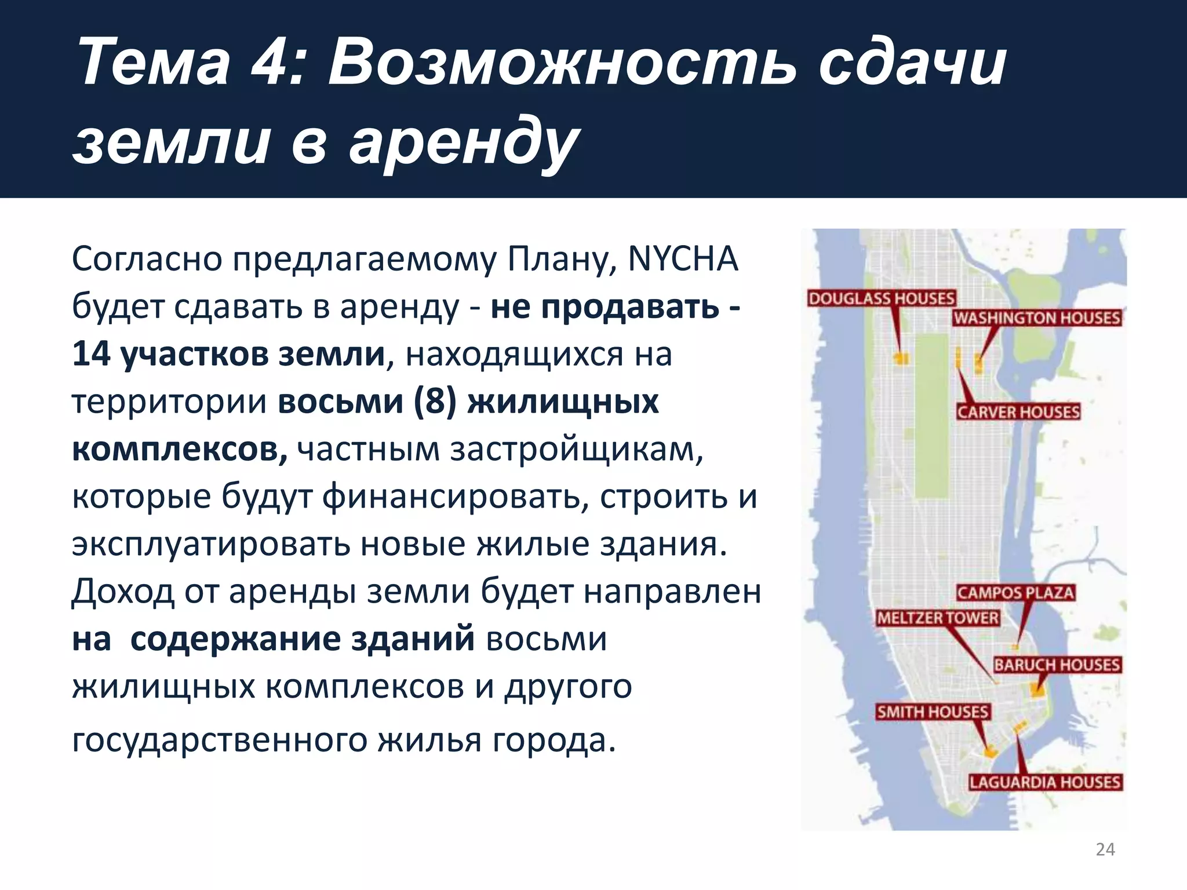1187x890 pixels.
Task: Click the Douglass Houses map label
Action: [x=881, y=298]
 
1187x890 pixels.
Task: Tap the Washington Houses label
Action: [x=1036, y=318]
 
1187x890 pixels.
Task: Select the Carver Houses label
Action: [x=1018, y=412]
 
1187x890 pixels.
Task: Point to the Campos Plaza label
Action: [x=1015, y=593]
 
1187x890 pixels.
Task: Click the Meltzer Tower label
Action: [x=938, y=618]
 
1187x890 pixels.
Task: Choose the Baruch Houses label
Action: [x=1057, y=665]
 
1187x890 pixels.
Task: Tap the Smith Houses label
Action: [x=932, y=712]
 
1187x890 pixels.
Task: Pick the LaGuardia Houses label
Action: [x=1045, y=782]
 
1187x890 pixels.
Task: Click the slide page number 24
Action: [x=1105, y=849]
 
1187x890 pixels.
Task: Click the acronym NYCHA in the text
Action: [x=683, y=259]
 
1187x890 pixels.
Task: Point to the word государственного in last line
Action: [x=219, y=740]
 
